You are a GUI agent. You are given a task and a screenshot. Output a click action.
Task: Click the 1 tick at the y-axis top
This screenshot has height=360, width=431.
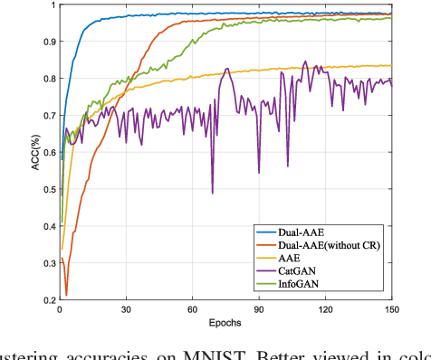51,5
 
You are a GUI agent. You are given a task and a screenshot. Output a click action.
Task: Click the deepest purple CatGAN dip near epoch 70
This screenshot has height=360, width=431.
213,193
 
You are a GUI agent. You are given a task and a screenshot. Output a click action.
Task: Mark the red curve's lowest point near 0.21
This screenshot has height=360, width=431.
66,295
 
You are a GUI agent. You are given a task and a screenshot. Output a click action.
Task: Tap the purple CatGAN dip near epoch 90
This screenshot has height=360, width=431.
259,173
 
